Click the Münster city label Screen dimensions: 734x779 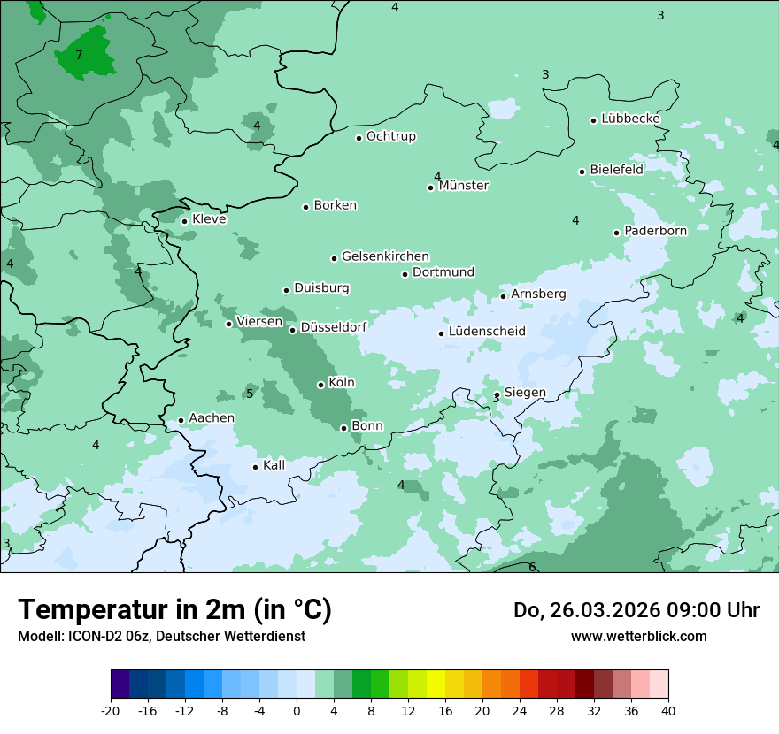(x=464, y=186)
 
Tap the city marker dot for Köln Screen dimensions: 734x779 (x=320, y=385)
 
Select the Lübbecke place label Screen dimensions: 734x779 (x=630, y=119)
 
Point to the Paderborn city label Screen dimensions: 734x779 (x=655, y=231)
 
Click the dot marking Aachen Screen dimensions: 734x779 (x=181, y=421)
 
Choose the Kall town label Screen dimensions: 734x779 (x=274, y=465)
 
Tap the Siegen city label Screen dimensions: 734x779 (x=525, y=393)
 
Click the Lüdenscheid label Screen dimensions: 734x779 (x=487, y=332)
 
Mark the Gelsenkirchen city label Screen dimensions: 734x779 (x=385, y=256)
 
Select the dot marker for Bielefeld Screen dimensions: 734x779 (x=582, y=172)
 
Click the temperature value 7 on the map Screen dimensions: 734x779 (x=79, y=55)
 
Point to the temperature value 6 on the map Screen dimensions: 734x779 (x=532, y=567)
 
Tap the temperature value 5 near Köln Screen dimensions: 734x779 (x=250, y=394)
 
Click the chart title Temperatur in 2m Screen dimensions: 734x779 (x=174, y=609)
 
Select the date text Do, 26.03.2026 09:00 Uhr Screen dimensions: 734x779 (x=636, y=610)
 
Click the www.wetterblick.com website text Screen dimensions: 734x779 (x=638, y=636)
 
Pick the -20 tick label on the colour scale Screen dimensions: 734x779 (x=111, y=710)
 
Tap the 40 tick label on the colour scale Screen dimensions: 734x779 (x=668, y=710)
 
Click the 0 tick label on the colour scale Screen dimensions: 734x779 (x=297, y=710)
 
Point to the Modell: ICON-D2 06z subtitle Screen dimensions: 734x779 (x=161, y=636)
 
